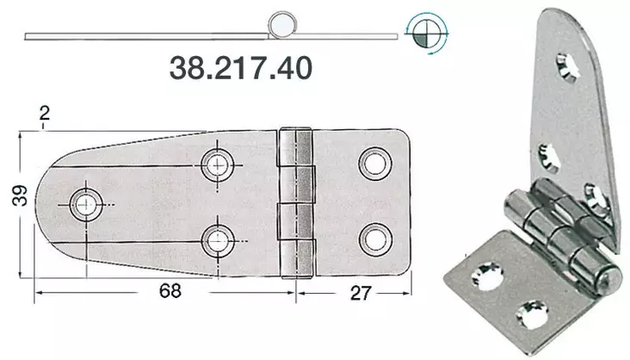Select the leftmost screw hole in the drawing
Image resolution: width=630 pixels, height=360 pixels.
(86, 203)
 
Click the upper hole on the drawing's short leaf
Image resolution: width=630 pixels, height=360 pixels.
(373, 161)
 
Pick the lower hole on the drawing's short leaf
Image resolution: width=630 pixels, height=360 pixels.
(373, 236)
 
